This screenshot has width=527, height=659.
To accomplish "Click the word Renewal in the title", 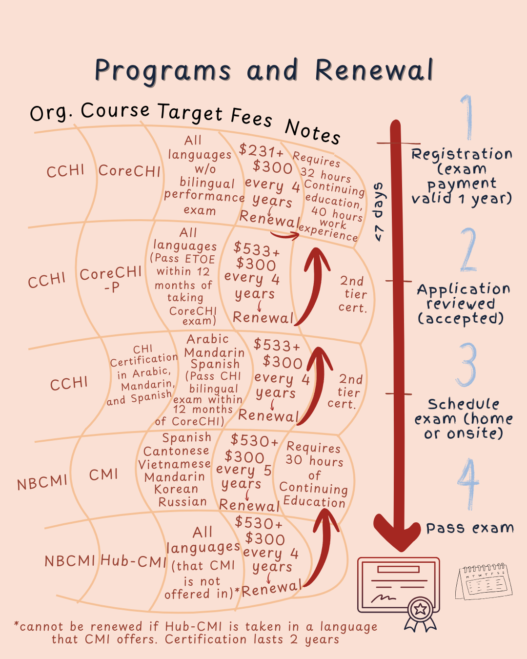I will tap(374, 70).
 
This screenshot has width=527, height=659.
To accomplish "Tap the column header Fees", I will tap(251, 117).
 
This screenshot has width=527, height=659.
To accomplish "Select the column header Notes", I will tap(312, 131).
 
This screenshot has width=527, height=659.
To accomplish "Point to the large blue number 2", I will tap(468, 250).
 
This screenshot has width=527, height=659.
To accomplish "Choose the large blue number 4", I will tap(468, 483).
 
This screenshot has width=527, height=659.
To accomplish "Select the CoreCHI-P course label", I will tap(111, 279).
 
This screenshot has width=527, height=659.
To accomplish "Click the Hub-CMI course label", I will tap(134, 561).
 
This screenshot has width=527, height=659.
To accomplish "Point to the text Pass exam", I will tap(469, 528).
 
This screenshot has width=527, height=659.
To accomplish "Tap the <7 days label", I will tap(379, 212).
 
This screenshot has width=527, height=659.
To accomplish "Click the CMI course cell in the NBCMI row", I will tap(103, 474).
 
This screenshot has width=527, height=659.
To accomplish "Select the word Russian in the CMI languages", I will tap(182, 502).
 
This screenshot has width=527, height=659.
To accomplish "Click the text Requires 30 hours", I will tap(314, 453).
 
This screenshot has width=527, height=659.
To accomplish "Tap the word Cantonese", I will tap(176, 451).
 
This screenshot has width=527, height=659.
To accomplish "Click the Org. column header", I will tap(51, 113).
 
